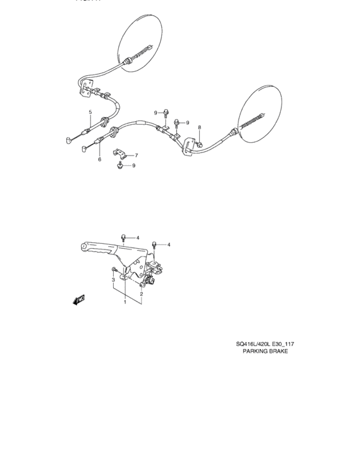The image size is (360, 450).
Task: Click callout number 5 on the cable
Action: (91, 112)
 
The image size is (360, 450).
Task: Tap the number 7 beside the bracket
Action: (136, 155)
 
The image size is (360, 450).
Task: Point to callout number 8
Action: (199, 127)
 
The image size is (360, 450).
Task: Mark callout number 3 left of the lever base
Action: (113, 280)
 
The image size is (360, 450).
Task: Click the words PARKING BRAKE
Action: (265, 352)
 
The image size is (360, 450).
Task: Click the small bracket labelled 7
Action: (122, 154)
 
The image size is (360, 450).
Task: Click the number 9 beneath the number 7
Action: (133, 166)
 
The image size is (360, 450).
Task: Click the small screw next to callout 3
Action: (114, 269)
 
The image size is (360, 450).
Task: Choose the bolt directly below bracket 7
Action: (121, 167)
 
